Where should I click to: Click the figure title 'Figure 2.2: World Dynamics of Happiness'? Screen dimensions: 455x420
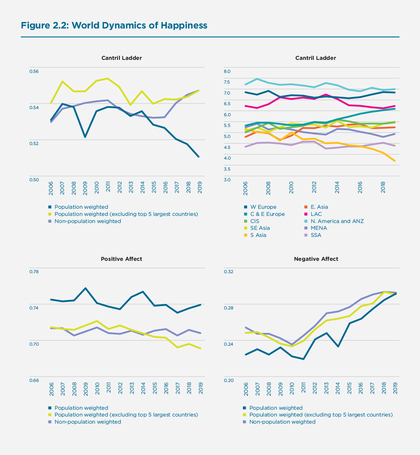[x=114, y=26]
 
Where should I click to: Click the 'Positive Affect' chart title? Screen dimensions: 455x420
[x=121, y=259]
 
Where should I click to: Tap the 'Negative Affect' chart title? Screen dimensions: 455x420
[x=316, y=259]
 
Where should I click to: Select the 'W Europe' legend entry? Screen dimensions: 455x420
[x=263, y=207]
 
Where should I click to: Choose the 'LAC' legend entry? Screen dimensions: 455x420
[x=316, y=214]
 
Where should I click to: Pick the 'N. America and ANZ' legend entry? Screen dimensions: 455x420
[x=337, y=221]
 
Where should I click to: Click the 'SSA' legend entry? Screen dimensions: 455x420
[x=316, y=235]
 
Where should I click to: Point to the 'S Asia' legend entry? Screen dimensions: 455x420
[x=258, y=235]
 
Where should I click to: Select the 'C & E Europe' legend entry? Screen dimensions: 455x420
[x=268, y=214]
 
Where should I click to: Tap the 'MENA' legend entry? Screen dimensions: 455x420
[x=319, y=228]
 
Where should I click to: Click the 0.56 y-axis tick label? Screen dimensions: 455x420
[x=34, y=71]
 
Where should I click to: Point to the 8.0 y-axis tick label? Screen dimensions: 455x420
[x=227, y=71]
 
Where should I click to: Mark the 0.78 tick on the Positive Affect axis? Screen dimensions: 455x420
[x=34, y=272]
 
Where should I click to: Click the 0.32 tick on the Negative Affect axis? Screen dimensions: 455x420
[x=228, y=272]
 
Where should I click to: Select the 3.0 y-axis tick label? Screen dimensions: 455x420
[x=227, y=180]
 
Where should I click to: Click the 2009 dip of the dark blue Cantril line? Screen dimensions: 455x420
[x=85, y=137]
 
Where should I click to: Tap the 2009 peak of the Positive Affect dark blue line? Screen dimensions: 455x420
[x=85, y=288]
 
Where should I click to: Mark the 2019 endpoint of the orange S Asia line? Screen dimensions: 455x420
[x=394, y=161]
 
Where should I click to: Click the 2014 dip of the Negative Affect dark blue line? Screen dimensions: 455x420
[x=338, y=347]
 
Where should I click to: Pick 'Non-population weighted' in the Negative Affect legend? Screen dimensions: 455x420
[x=282, y=422]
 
